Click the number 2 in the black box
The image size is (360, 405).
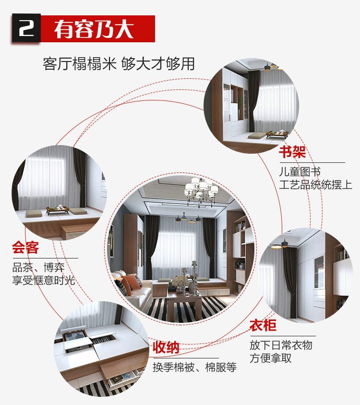point(26,28)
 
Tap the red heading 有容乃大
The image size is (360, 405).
point(94,29)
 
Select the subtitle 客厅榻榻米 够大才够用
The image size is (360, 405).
point(119,63)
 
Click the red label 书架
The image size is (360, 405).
point(292,152)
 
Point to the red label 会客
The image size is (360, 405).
point(25,247)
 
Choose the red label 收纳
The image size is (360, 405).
point(166,347)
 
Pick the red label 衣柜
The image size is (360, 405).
point(263,325)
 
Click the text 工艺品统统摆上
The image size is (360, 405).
point(316,185)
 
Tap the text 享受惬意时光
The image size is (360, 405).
point(44,280)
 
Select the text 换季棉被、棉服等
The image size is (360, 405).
point(194,367)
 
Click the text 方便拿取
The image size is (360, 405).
point(271,358)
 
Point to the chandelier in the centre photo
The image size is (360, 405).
point(201,191)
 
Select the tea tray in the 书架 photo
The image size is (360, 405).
point(277,134)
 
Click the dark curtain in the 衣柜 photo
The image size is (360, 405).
point(291,282)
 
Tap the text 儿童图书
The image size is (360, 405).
point(300,172)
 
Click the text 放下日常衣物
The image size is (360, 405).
point(281,345)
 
